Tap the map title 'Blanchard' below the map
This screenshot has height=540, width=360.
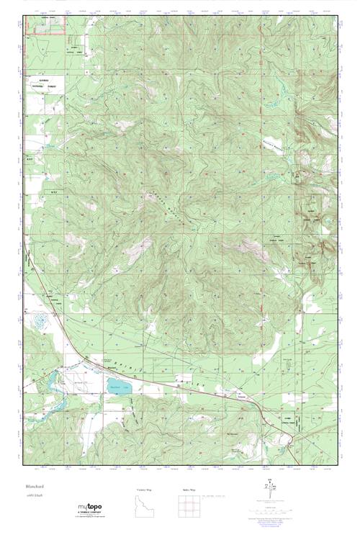point(35,486)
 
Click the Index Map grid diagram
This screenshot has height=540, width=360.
point(188,508)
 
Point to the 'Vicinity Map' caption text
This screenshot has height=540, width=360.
point(144,489)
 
